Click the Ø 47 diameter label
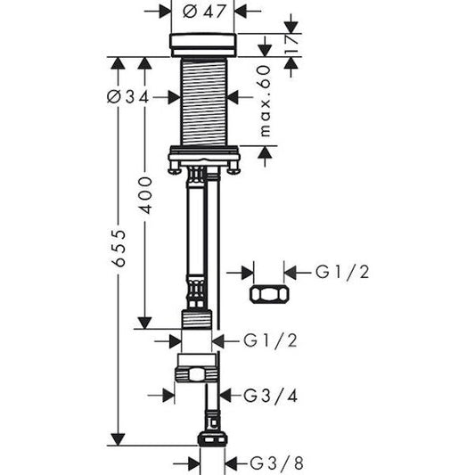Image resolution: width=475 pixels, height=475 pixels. [202, 12]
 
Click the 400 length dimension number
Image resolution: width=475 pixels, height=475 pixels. [145, 194]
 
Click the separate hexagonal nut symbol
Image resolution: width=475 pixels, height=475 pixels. [269, 295]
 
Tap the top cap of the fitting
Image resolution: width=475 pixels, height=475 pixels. [202, 44]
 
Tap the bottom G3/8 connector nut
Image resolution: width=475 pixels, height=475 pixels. [211, 438]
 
